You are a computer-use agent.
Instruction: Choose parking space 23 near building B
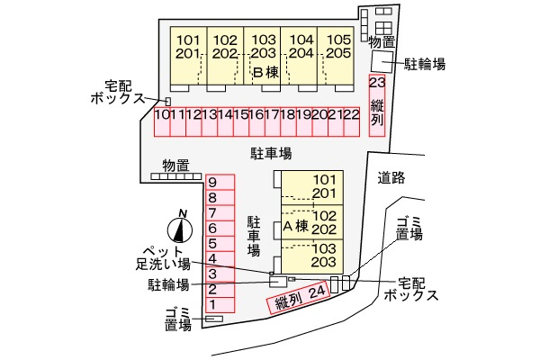(x=377, y=103)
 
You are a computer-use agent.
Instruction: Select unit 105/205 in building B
(x=338, y=47)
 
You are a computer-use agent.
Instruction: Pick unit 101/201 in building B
(x=189, y=47)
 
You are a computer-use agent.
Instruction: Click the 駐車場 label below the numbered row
(x=270, y=153)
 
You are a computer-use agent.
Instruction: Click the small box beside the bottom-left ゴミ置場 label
(x=214, y=319)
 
